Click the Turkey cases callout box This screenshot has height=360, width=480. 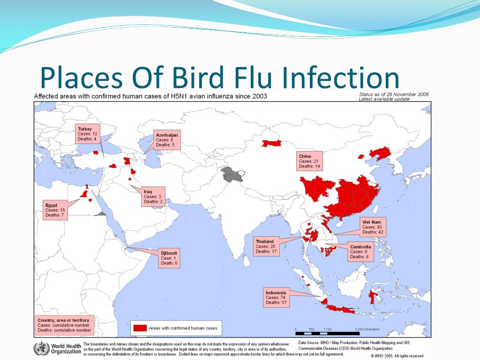(x=88, y=134)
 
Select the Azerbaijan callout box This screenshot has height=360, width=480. (x=167, y=140)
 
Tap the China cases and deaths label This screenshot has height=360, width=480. (x=309, y=161)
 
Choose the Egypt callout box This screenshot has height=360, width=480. (x=55, y=210)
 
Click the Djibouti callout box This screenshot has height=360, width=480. (x=169, y=258)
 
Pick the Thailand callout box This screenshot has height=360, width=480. (x=266, y=247)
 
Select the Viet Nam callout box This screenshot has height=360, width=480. (x=373, y=227)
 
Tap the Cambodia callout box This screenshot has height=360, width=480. (x=360, y=252)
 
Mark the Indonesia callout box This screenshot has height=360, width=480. (x=276, y=298)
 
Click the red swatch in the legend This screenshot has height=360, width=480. (x=140, y=328)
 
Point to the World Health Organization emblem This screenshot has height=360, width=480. (x=41, y=349)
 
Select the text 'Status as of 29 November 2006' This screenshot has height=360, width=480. (x=394, y=94)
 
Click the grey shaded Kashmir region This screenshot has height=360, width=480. (x=232, y=174)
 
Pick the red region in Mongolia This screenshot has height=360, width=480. (x=271, y=143)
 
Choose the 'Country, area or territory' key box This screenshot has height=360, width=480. (x=64, y=325)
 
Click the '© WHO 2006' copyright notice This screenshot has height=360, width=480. (x=397, y=356)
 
